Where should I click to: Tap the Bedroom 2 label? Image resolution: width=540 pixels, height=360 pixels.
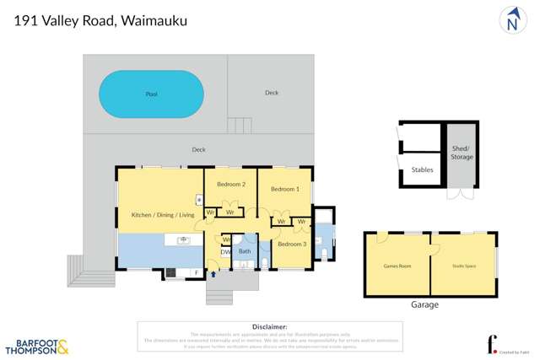(x=230, y=185)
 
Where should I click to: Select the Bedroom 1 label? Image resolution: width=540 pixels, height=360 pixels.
(x=284, y=189)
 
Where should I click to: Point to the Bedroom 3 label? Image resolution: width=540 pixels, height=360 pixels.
(x=292, y=244)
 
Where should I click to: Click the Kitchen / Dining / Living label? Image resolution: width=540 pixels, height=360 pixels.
(x=163, y=215)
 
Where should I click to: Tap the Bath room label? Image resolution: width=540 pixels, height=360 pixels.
(x=245, y=251)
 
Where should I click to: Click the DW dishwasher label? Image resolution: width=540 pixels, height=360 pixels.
(x=225, y=251)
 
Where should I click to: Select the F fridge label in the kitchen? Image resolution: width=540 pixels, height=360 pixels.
(x=196, y=273)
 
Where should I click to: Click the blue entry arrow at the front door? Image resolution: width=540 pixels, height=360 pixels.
(x=213, y=273)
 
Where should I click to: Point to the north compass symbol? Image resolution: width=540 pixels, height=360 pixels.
(x=512, y=21)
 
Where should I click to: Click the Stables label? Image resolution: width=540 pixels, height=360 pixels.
(x=422, y=169)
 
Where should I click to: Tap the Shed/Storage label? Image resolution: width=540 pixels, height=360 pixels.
(x=462, y=151)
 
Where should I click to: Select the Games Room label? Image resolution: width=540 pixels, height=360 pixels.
(x=397, y=266)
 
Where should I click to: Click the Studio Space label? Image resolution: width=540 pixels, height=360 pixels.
(x=463, y=266)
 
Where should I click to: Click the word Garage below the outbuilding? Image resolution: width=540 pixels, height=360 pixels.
(x=424, y=304)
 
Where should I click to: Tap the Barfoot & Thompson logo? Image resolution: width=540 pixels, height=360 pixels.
(x=37, y=345)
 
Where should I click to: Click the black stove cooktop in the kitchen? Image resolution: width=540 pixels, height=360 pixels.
(x=170, y=272)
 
